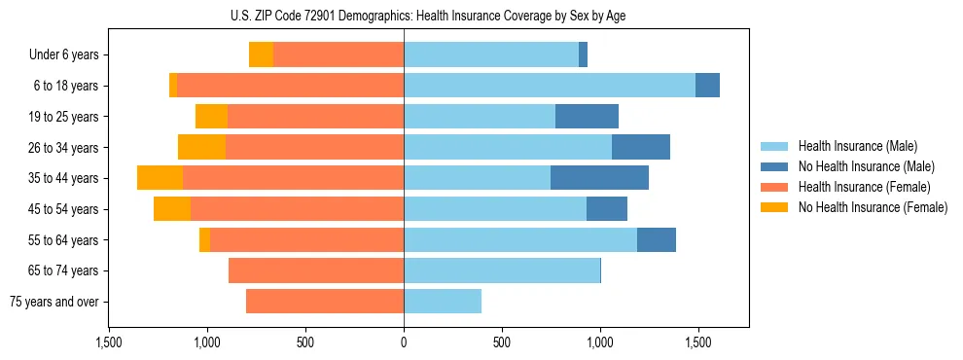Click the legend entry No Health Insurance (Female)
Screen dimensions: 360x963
(873, 207)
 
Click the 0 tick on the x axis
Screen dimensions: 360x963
(404, 342)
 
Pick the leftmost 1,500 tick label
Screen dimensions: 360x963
(109, 342)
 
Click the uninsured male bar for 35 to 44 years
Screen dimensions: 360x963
(599, 178)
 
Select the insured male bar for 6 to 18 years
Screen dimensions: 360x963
(550, 86)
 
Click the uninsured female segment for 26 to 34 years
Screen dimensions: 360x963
(201, 147)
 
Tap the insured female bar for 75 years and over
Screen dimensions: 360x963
(325, 302)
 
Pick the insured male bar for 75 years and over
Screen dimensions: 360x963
(443, 302)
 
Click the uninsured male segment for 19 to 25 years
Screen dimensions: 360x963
(587, 117)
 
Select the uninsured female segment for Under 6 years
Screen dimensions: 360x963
(261, 54)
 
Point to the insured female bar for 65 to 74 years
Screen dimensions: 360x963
(316, 270)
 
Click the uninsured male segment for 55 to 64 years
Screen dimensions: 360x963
(656, 239)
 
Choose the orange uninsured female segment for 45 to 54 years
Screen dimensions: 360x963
(172, 209)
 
